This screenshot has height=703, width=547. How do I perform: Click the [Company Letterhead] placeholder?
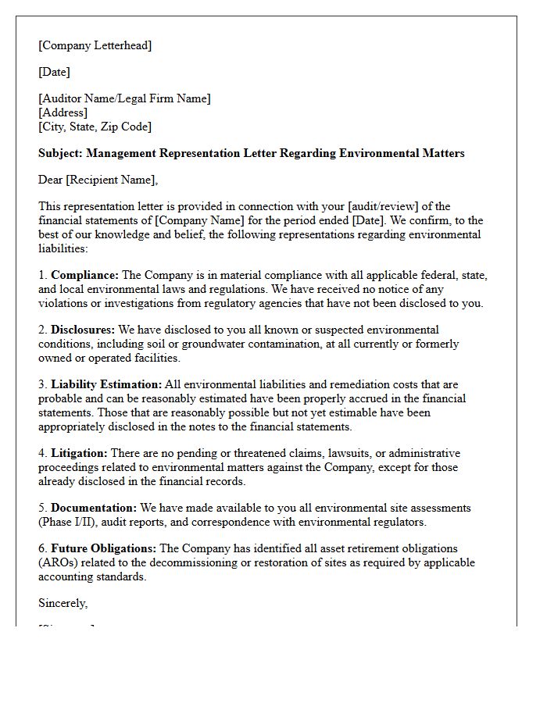95,45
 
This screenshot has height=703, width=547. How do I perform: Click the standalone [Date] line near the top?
54,72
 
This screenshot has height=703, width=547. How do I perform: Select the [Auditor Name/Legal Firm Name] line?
124,98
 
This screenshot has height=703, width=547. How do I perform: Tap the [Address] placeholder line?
63,112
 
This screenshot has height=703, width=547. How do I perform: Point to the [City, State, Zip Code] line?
95,127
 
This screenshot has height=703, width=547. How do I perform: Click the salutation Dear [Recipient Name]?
98,180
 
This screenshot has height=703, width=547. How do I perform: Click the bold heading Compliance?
85,275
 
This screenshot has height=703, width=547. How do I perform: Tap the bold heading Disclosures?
83,330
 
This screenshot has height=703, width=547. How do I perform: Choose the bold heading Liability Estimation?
106,384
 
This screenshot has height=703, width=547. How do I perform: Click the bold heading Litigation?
80,453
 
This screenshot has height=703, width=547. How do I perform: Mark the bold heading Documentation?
94,508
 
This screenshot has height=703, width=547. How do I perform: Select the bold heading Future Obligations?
104,548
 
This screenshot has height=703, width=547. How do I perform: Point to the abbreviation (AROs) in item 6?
59,562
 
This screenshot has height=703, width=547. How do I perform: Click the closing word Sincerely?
63,603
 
